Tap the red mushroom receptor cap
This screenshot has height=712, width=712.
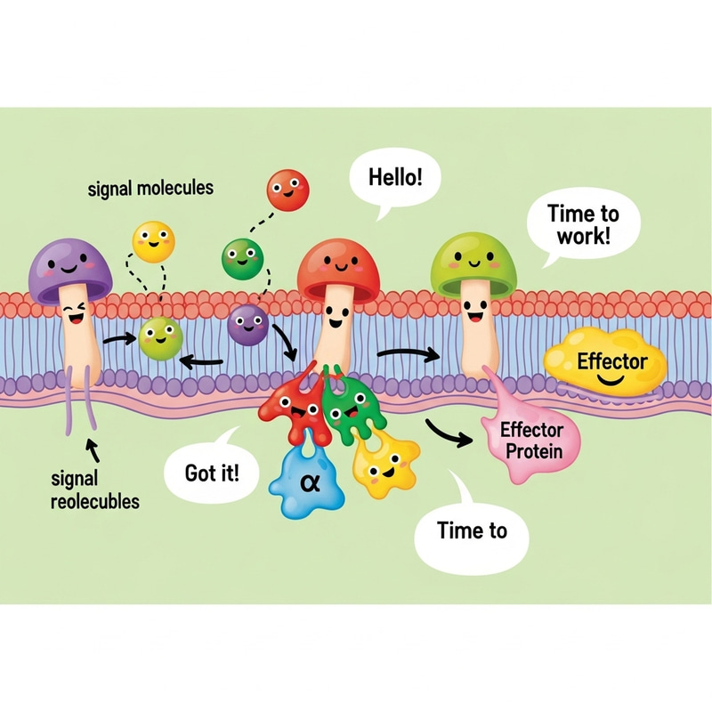pos(338,263)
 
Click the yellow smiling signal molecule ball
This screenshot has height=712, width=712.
pos(153,241)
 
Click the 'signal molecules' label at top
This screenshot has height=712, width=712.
pos(150,189)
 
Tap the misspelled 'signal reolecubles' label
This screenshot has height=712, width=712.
pos(94,489)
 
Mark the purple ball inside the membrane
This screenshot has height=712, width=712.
pos(248,325)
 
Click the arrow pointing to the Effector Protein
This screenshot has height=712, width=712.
pos(449,433)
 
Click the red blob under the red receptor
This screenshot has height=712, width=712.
pos(289,412)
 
